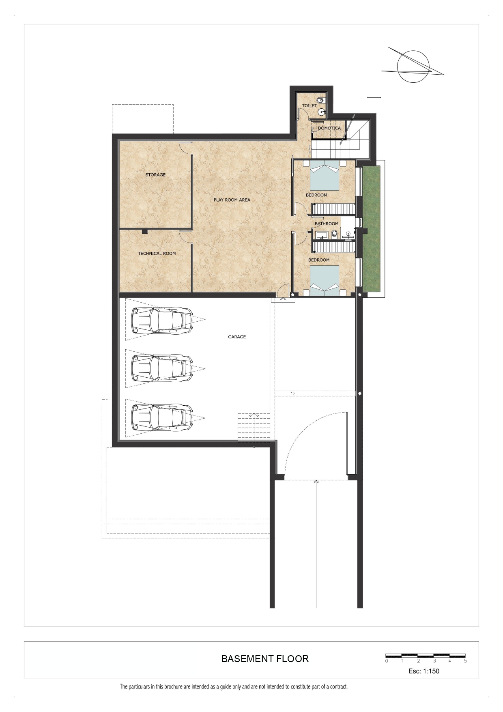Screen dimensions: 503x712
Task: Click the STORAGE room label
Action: coord(155,175)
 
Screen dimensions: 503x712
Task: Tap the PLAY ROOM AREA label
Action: coord(232,200)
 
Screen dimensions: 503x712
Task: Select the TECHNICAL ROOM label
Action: coord(157,254)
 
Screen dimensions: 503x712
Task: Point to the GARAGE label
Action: coord(237,337)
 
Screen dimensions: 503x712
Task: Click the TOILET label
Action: coord(310,105)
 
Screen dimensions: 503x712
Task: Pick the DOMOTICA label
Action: coord(329,128)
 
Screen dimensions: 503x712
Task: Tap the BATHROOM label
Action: coord(327,224)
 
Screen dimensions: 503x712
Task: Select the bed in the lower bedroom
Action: coord(325,280)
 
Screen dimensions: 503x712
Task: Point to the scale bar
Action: coord(426,655)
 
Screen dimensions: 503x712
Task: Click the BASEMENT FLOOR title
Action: coord(265,659)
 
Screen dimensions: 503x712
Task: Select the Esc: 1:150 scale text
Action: coord(424,671)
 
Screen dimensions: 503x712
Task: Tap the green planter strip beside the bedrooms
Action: coord(371,229)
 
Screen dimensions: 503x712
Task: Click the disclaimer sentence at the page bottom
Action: coord(234,687)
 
